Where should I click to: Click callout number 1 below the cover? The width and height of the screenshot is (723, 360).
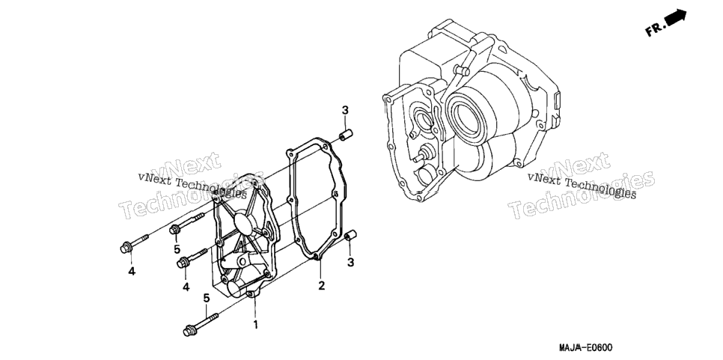tap(255, 325)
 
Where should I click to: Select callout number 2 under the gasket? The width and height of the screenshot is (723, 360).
tap(321, 285)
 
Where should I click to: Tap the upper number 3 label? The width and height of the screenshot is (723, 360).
tap(345, 110)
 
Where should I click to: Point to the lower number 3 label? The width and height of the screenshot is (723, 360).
tap(350, 263)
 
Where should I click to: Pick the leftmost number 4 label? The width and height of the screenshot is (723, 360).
tap(132, 272)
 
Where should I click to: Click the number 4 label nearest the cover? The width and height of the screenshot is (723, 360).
tap(186, 287)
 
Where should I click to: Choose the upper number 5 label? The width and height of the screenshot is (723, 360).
tap(177, 249)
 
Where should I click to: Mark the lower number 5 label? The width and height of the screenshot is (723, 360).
tap(206, 298)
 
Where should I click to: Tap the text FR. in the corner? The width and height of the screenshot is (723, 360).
tap(655, 29)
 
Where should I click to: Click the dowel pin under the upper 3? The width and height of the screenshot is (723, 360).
tap(346, 136)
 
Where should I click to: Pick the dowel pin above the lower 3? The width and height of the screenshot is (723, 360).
tap(352, 236)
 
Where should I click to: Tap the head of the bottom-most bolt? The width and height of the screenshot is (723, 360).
tap(188, 331)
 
